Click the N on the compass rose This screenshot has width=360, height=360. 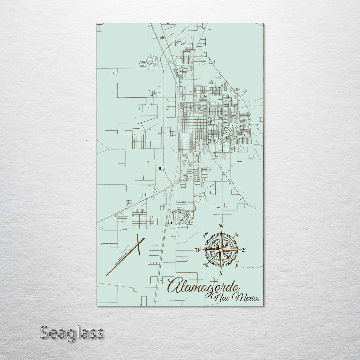point(221,226)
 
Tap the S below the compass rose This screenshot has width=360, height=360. point(221,273)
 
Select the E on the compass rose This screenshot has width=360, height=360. point(243,250)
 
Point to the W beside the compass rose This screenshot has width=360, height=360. point(198,250)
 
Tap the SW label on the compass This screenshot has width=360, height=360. point(206,265)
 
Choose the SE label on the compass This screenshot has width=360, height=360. point(236,266)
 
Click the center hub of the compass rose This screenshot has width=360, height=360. point(221,249)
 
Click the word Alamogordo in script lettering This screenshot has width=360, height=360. point(203,286)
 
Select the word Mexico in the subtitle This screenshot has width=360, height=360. point(248,298)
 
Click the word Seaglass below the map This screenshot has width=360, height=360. point(72,333)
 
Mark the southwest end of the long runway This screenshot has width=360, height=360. point(107,274)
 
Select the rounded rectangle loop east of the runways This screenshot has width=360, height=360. point(154,250)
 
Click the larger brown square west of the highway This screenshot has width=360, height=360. point(160,169)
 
